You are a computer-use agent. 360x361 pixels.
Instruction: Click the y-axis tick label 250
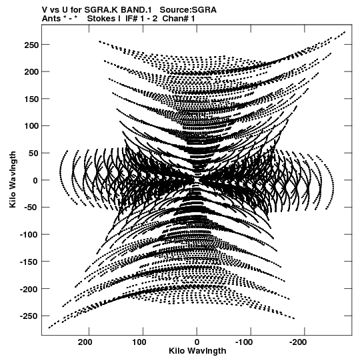pyautogui.click(x=31, y=45)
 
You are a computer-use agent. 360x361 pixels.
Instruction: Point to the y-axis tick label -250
pyautogui.click(x=29, y=316)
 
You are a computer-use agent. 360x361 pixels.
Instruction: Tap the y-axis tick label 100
pyautogui.click(x=31, y=126)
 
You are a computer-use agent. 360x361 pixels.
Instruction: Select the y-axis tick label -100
pyautogui.click(x=29, y=235)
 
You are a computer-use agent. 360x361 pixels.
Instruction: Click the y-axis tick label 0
pyautogui.click(x=35, y=180)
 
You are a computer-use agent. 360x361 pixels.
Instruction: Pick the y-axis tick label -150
pyautogui.click(x=29, y=262)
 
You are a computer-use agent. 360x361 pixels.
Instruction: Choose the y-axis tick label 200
pyautogui.click(x=31, y=72)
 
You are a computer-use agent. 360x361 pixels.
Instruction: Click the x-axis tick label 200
pyautogui.click(x=85, y=342)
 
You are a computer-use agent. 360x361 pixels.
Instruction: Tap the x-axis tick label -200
pyautogui.click(x=298, y=342)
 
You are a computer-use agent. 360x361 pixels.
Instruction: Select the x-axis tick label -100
pyautogui.click(x=244, y=342)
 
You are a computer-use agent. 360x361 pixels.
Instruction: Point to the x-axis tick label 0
pyautogui.click(x=197, y=342)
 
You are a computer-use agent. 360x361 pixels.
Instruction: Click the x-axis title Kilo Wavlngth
pyautogui.click(x=197, y=351)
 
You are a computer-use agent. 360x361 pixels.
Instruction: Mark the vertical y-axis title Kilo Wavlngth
pyautogui.click(x=13, y=179)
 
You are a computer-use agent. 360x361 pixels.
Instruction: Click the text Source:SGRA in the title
pyautogui.click(x=188, y=10)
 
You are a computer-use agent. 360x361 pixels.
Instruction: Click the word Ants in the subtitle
pyautogui.click(x=51, y=19)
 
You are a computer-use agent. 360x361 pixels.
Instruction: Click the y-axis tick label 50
pyautogui.click(x=34, y=153)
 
